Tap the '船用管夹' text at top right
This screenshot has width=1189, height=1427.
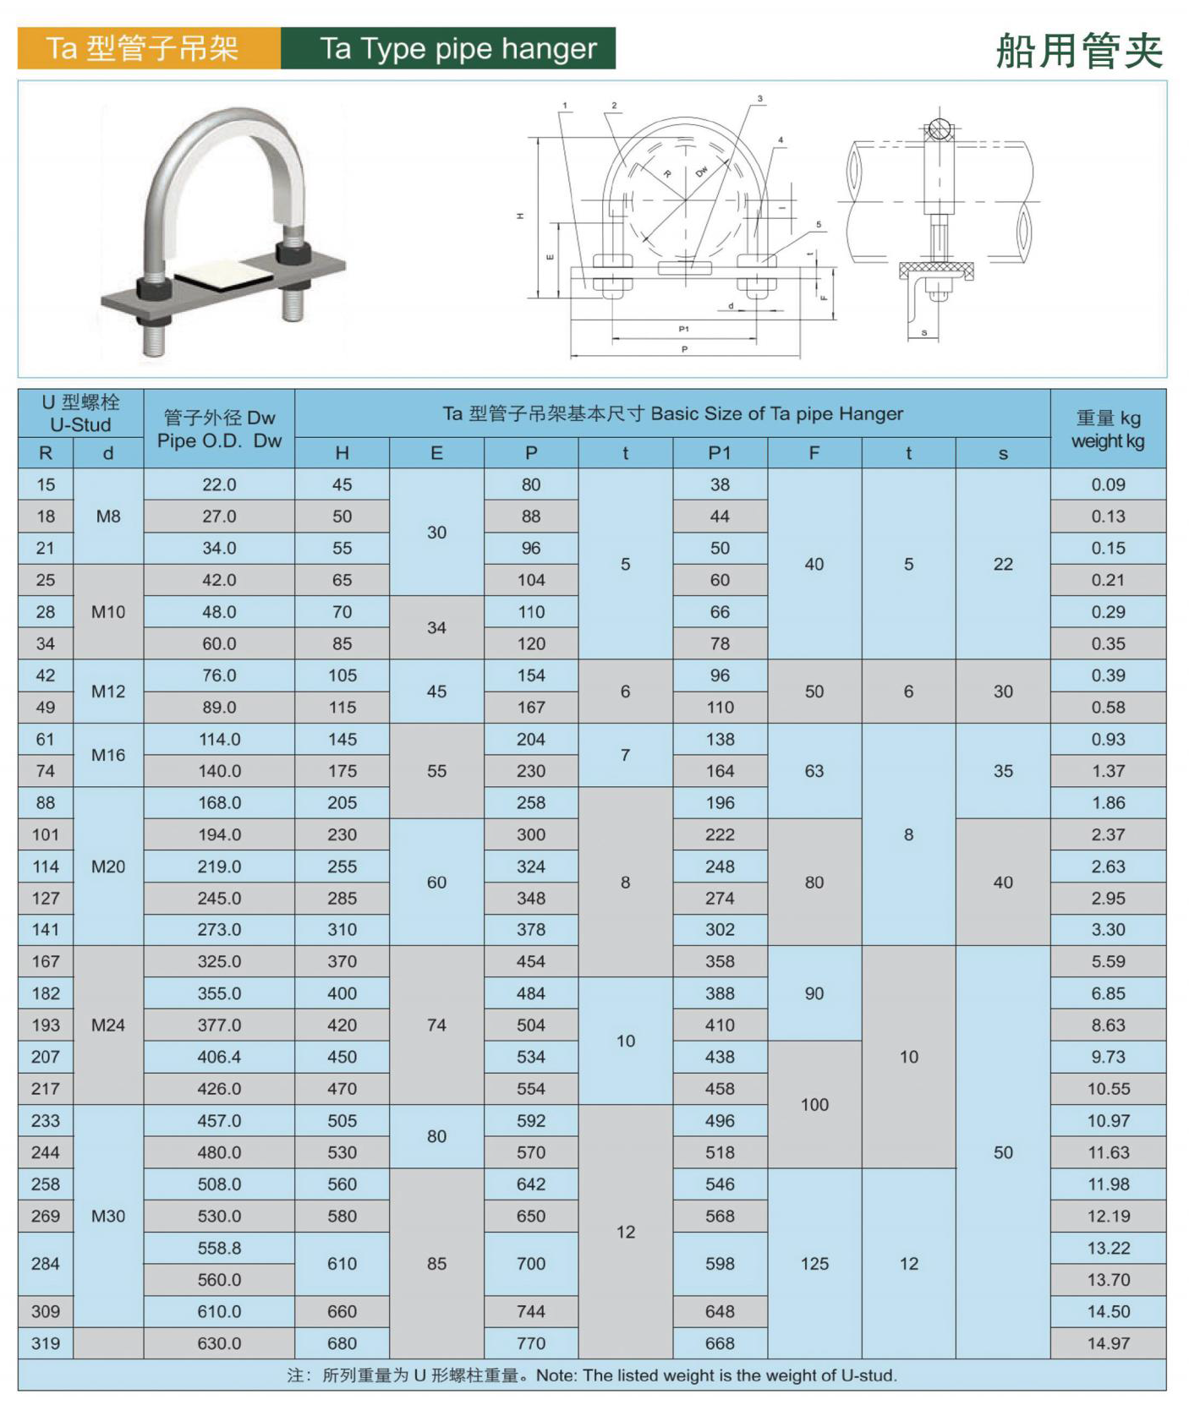point(1079,51)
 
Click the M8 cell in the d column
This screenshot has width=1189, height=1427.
point(108,517)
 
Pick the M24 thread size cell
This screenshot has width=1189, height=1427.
point(108,1025)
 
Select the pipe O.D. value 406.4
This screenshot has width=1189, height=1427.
point(219,1057)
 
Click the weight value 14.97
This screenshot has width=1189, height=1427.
point(1108,1343)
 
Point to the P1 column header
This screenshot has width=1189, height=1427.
point(720,453)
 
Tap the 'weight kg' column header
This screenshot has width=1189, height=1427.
point(1108,429)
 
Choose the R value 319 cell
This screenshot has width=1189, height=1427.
point(46,1343)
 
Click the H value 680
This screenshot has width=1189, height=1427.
point(342,1343)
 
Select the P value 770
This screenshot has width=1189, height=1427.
point(531,1343)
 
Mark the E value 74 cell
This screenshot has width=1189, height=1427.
point(436,1025)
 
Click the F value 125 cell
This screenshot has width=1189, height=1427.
point(814,1264)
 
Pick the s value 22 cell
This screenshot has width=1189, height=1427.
point(1003,564)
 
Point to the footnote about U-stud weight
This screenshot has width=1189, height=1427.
point(592,1375)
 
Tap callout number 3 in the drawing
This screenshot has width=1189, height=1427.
point(760,99)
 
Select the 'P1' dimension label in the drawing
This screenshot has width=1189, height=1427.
point(684,329)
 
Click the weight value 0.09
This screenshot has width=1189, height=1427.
point(1108,484)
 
